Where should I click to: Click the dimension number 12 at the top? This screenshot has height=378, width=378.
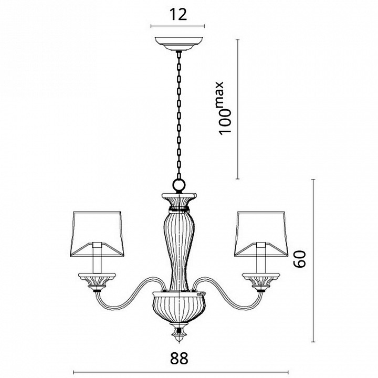pyautogui.click(x=178, y=15)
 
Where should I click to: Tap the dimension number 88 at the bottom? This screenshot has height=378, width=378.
pyautogui.click(x=179, y=358)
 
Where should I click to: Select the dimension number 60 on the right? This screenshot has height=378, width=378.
pyautogui.click(x=300, y=259)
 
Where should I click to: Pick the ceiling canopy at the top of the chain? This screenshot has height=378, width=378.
pyautogui.click(x=178, y=44)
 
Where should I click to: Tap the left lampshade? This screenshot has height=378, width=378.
pyautogui.click(x=97, y=234)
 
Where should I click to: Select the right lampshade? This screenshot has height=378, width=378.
pyautogui.click(x=261, y=234)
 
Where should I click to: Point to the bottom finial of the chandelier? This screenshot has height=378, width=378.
pyautogui.click(x=179, y=332)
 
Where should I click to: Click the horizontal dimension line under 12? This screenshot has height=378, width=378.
pyautogui.click(x=177, y=26)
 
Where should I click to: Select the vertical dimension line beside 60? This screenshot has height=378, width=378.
pyautogui.click(x=313, y=260)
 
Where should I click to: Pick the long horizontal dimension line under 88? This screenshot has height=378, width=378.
pyautogui.click(x=181, y=372)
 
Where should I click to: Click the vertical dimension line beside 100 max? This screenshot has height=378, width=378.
pyautogui.click(x=238, y=109)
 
